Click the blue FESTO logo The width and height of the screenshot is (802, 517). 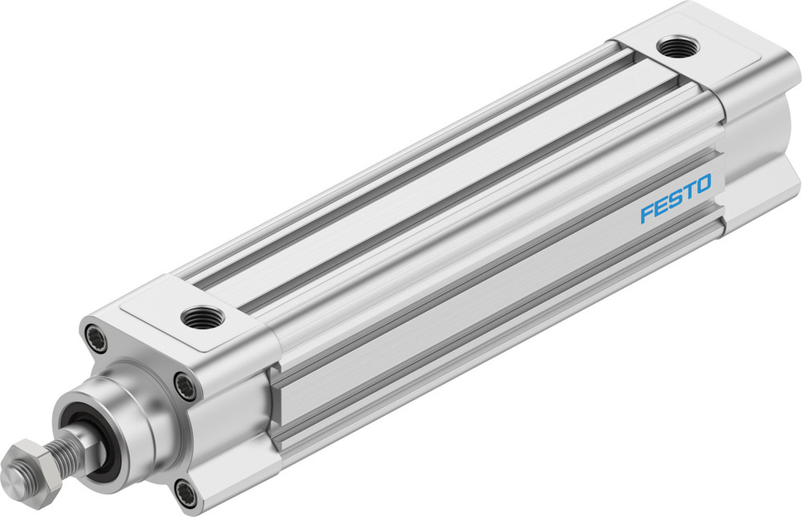coord(675,200)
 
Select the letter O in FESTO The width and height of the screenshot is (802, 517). coord(703,186)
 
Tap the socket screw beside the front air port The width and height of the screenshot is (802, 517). coord(185,387)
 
